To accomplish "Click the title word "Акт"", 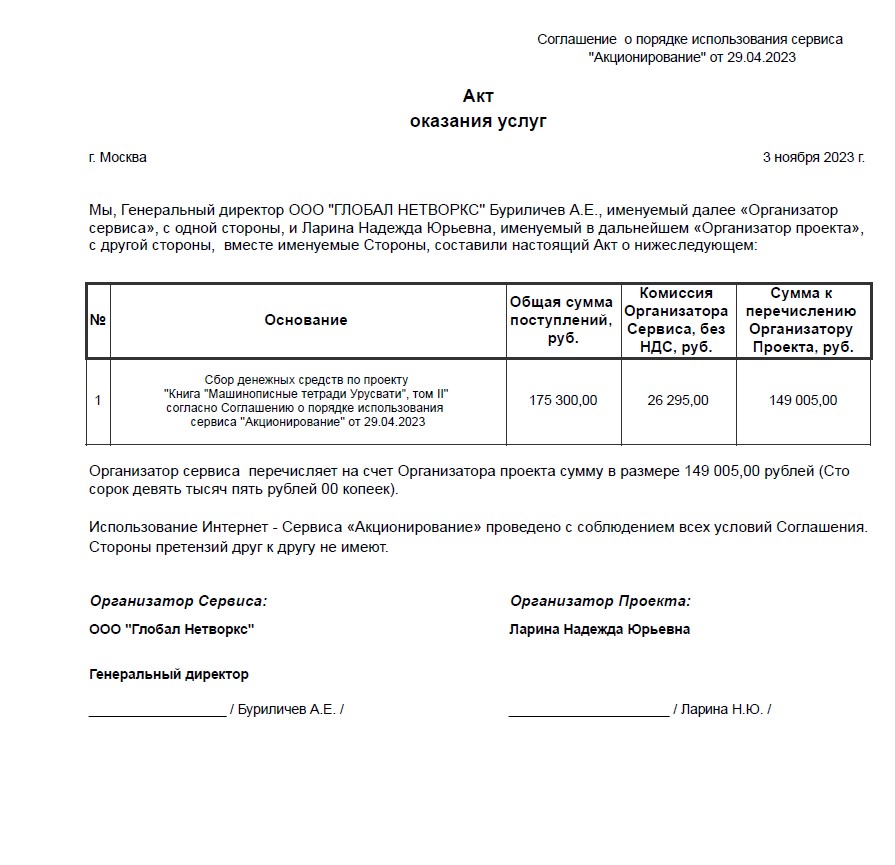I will pyautogui.click(x=478, y=97).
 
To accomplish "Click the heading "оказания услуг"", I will pyautogui.click(x=478, y=122).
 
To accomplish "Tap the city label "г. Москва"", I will pyautogui.click(x=117, y=158).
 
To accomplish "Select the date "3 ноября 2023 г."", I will pyautogui.click(x=814, y=158).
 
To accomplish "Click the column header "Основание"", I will pyautogui.click(x=306, y=320).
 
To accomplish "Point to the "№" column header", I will pyautogui.click(x=98, y=320).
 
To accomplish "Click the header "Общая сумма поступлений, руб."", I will pyautogui.click(x=562, y=320).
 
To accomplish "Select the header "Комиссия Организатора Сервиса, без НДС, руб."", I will pyautogui.click(x=677, y=320).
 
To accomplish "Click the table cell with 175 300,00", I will pyautogui.click(x=563, y=401).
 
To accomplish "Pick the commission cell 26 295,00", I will pyautogui.click(x=678, y=401).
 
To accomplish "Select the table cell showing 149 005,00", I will pyautogui.click(x=803, y=401).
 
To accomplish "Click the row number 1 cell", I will pyautogui.click(x=98, y=401).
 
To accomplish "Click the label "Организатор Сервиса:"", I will pyautogui.click(x=179, y=602).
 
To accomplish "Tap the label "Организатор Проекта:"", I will pyautogui.click(x=600, y=602).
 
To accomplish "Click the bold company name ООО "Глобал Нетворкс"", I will pyautogui.click(x=172, y=630).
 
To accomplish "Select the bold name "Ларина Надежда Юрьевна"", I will pyautogui.click(x=599, y=630).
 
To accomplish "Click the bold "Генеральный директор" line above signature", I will pyautogui.click(x=169, y=675).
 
